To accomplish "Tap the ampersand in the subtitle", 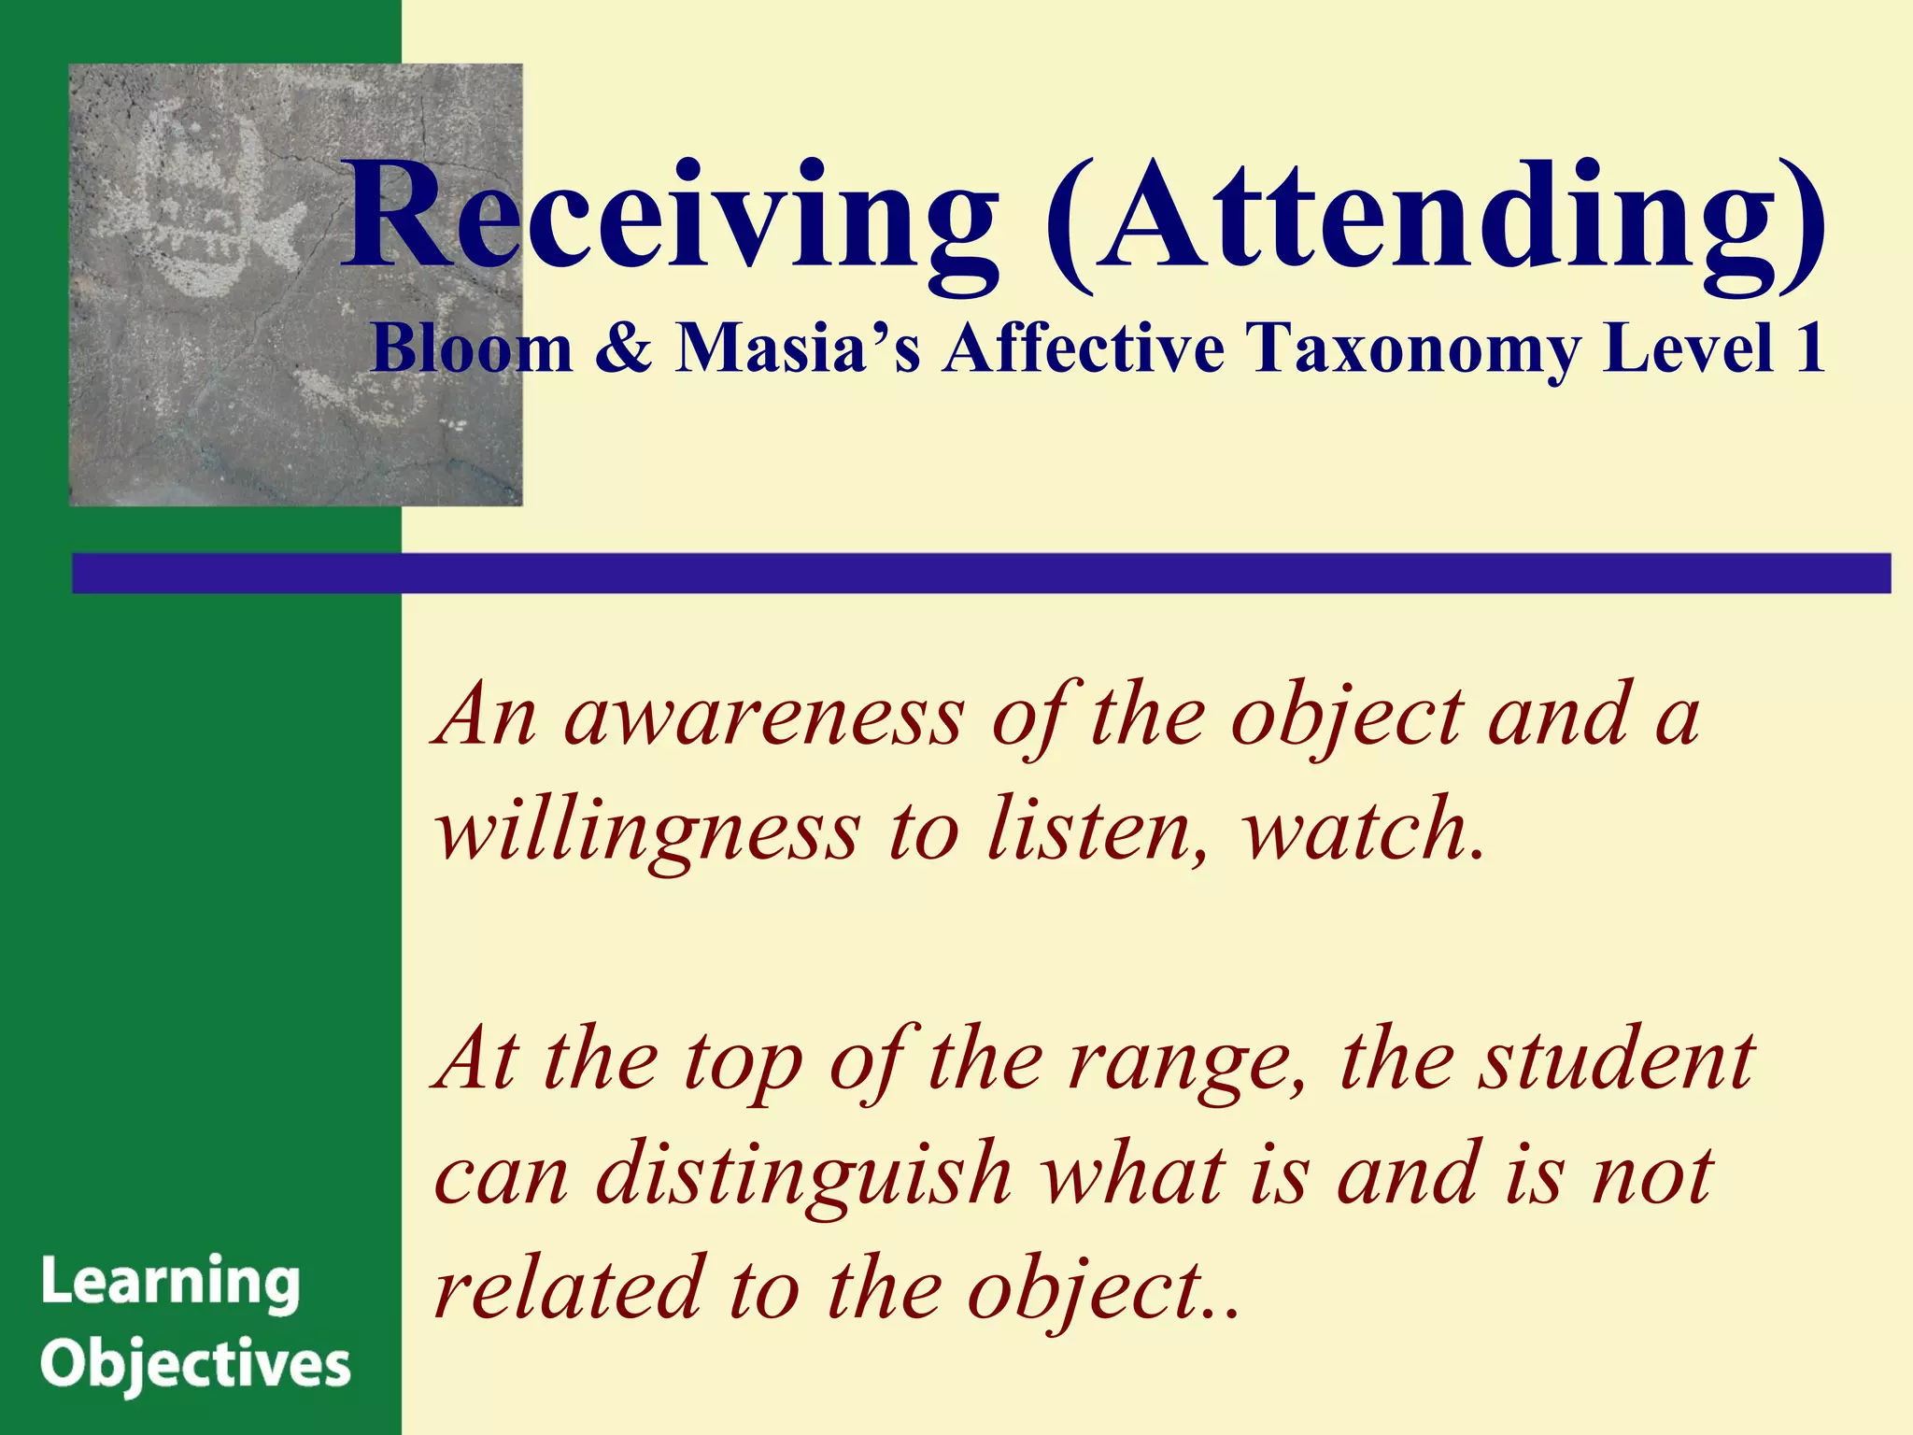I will click(623, 348).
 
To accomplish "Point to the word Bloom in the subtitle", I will click(472, 348).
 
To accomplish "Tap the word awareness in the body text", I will click(763, 718).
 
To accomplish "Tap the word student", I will click(1616, 1061).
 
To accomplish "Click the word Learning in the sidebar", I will click(171, 1284).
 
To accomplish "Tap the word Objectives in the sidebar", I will click(195, 1366).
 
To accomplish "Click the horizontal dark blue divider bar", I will click(981, 573).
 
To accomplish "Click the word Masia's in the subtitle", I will click(799, 348).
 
